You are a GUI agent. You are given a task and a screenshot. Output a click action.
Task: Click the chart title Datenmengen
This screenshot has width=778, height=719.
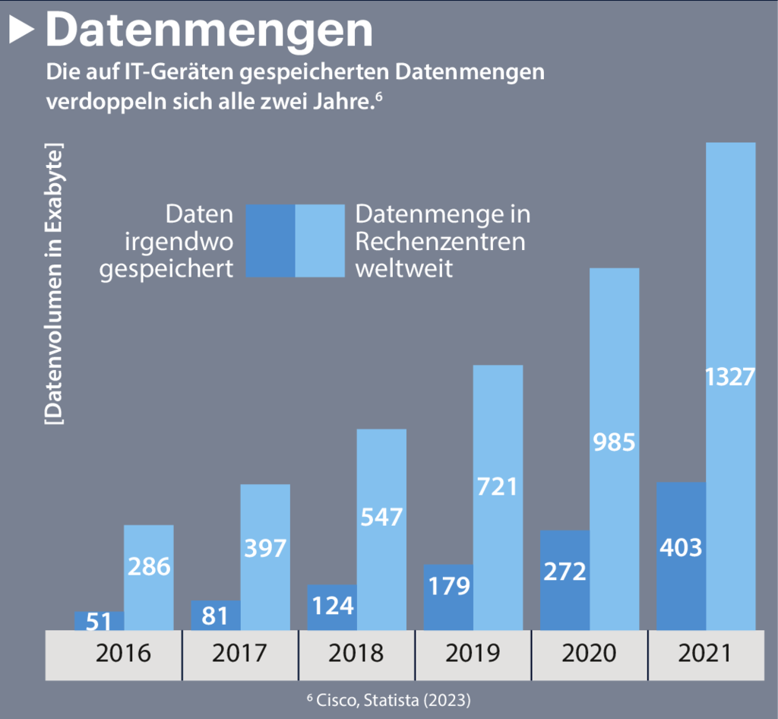point(210,30)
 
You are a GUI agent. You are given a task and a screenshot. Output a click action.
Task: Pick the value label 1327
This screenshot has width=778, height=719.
point(730,377)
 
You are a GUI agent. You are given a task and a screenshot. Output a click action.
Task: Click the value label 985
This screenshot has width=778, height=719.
point(614,442)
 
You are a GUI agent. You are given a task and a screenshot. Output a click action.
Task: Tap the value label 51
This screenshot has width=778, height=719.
point(100,622)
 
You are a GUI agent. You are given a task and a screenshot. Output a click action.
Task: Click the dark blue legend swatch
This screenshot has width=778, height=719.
point(270,240)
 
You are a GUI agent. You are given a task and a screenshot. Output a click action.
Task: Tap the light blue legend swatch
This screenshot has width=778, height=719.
point(319,240)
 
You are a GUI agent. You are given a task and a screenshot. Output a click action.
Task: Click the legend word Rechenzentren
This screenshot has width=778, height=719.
point(441,242)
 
